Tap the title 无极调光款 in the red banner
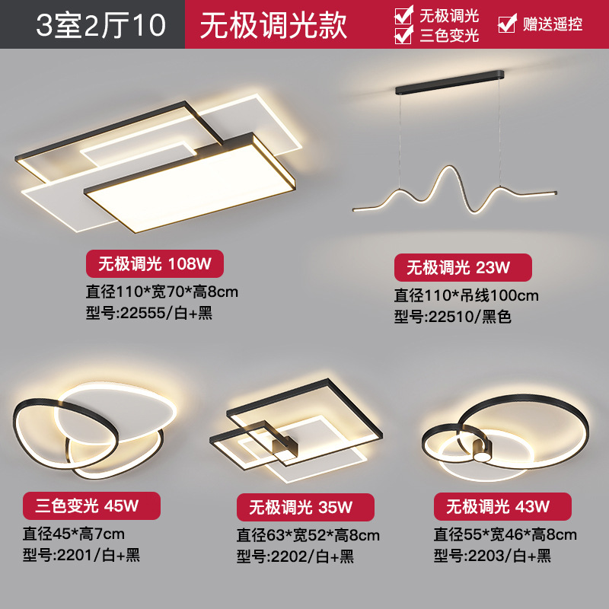[273, 24]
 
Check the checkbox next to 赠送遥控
[506, 24]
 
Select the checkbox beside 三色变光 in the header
[403, 35]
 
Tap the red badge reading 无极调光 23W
[462, 267]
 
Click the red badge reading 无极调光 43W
[502, 505]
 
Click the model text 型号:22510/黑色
[452, 317]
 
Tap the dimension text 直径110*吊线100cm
[466, 295]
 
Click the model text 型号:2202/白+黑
[295, 556]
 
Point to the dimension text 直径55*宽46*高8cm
[505, 534]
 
